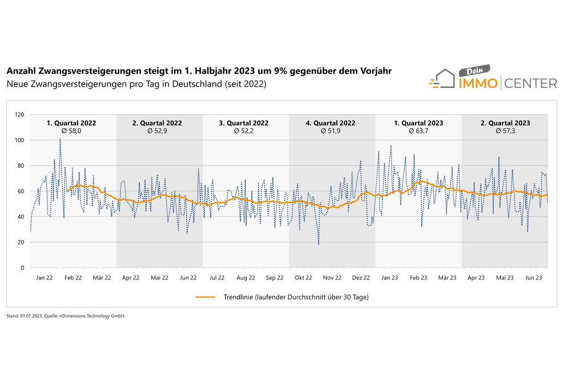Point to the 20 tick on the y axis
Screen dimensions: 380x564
pyautogui.click(x=22, y=242)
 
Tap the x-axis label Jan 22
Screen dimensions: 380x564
pyautogui.click(x=45, y=278)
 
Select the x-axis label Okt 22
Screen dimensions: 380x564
pyautogui.click(x=303, y=278)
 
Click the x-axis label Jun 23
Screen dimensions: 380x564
pyautogui.click(x=534, y=278)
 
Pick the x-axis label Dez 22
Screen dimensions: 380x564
pyautogui.click(x=361, y=278)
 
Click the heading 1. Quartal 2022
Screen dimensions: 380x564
pyautogui.click(x=71, y=123)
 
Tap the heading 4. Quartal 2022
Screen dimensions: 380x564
pyautogui.click(x=331, y=123)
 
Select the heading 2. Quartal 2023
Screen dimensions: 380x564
pyautogui.click(x=506, y=123)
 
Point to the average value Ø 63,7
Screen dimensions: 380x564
pyautogui.click(x=420, y=131)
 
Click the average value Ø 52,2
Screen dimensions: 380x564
pyautogui.click(x=245, y=131)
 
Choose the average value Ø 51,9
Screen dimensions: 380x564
pyautogui.click(x=331, y=131)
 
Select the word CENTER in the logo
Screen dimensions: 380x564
pyautogui.click(x=530, y=84)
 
